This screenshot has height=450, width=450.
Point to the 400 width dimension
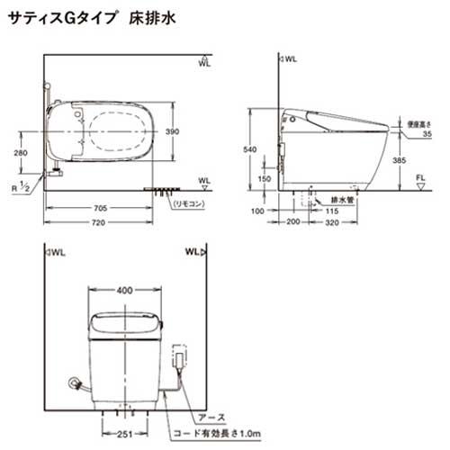[x=125, y=290]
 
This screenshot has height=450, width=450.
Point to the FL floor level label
[x=420, y=179]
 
